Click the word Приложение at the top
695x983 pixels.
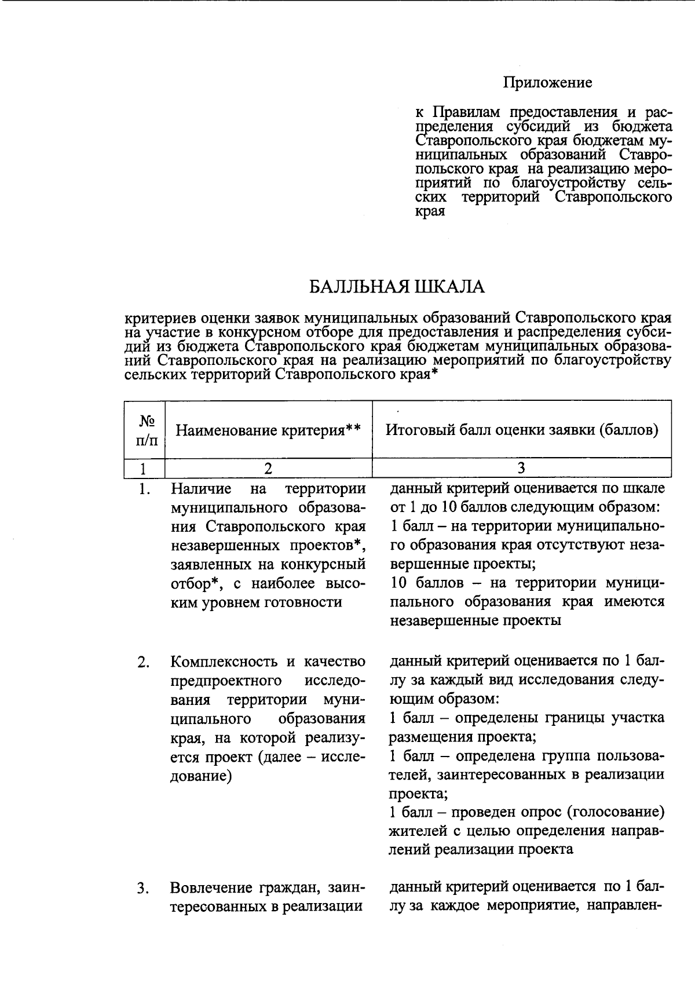point(547,83)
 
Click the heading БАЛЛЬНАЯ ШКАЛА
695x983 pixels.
point(396,287)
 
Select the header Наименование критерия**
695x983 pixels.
point(268,430)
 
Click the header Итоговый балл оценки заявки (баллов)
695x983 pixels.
point(522,430)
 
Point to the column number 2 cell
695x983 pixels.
point(268,468)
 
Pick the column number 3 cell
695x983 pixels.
point(521,468)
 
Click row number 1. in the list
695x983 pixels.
point(145,489)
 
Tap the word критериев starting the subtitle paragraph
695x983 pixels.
point(159,318)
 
